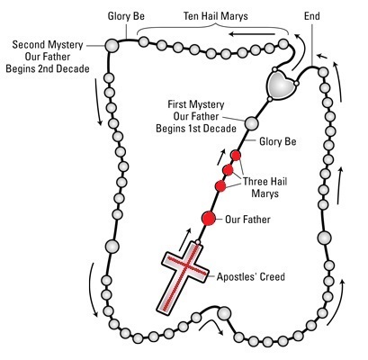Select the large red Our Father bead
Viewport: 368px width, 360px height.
coord(209,218)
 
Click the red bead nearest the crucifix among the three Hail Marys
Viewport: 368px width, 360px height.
coord(220,186)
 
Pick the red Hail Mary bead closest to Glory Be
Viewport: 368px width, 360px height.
coord(236,156)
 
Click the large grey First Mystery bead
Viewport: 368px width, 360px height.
coord(251,123)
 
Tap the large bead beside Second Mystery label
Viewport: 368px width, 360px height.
coord(112,46)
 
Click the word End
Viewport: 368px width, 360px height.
coord(312,16)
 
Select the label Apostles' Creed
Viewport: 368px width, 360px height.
coord(251,276)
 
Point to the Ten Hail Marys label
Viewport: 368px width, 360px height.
coord(216,16)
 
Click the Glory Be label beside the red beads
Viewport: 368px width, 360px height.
coord(278,141)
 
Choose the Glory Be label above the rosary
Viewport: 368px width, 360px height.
coord(126,16)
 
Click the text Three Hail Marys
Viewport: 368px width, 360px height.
coord(265,187)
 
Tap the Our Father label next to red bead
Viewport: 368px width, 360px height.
coord(247,220)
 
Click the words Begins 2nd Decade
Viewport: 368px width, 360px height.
coord(48,68)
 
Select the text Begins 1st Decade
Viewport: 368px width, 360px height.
coord(196,129)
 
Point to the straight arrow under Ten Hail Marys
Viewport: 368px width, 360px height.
coord(252,34)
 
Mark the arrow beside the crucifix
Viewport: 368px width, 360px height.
coord(185,239)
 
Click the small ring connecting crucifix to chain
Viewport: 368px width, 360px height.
coord(198,242)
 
